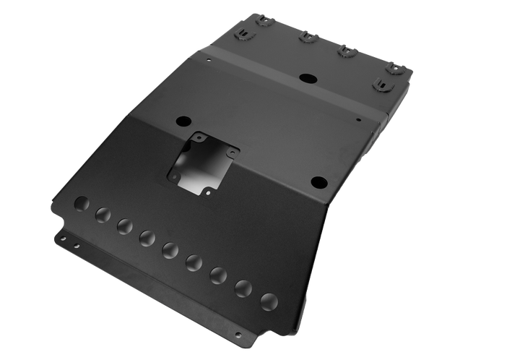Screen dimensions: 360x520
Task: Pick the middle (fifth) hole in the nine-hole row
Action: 170,249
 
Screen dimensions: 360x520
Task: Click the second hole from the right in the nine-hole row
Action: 243,287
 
